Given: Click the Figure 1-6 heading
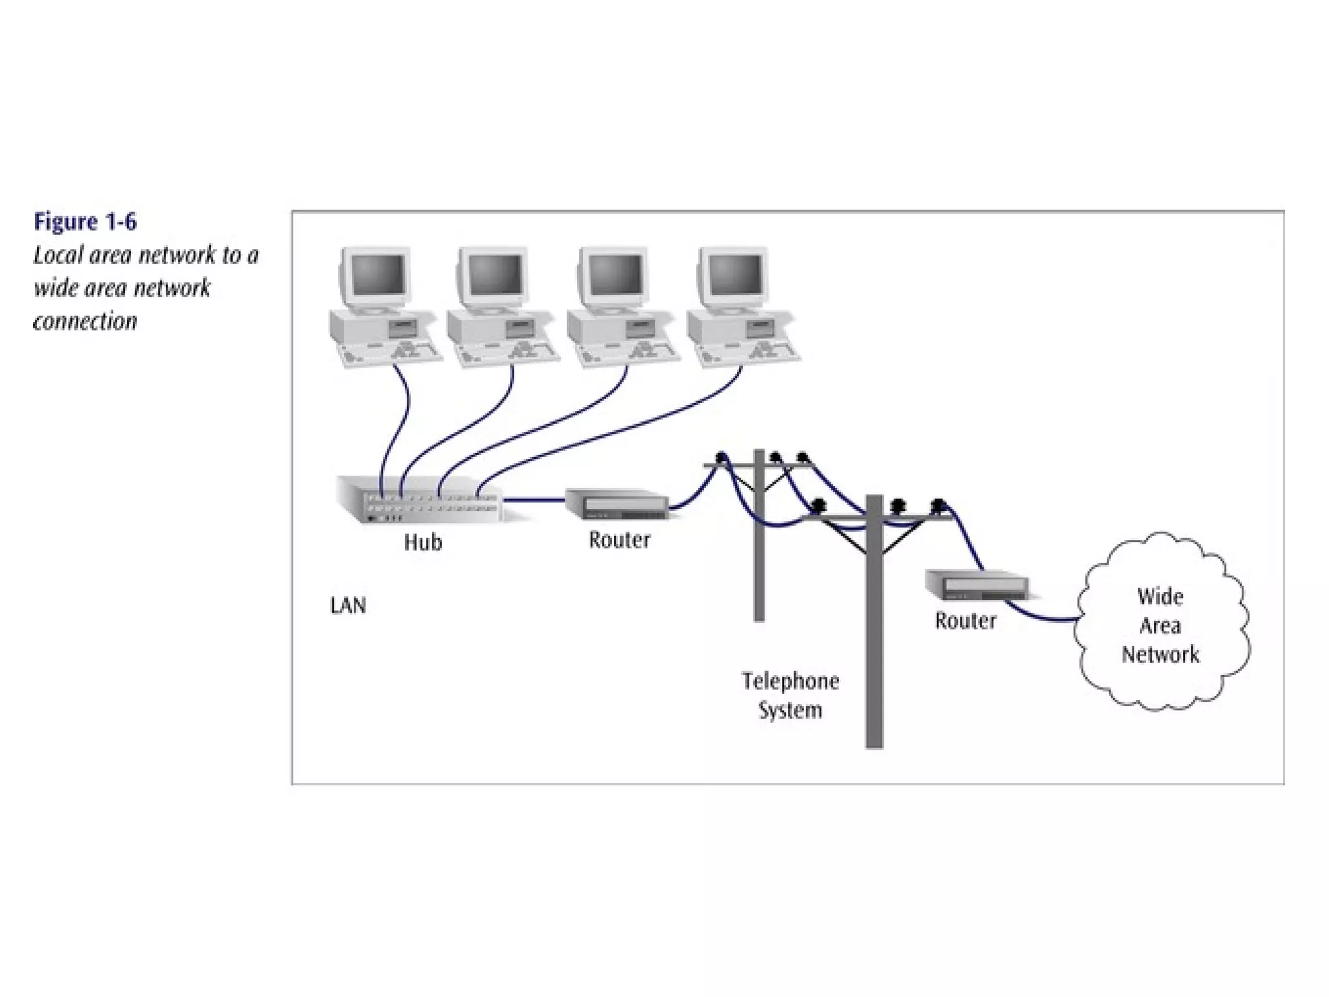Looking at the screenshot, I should pyautogui.click(x=85, y=222).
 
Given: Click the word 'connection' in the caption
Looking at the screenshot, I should pyautogui.click(x=85, y=321).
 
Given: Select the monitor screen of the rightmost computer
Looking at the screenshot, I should pyautogui.click(x=736, y=274).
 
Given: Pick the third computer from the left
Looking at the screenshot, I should pyautogui.click(x=620, y=308).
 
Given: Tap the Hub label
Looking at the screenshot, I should pyautogui.click(x=423, y=542).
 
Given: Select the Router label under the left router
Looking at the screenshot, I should pyautogui.click(x=619, y=540).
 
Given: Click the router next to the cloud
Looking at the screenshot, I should pyautogui.click(x=977, y=585).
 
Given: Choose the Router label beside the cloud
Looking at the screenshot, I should pyautogui.click(x=966, y=621).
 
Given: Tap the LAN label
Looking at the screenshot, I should pyautogui.click(x=348, y=606).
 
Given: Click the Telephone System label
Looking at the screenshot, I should pyautogui.click(x=790, y=695).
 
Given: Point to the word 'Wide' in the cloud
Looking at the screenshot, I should pyautogui.click(x=1160, y=597).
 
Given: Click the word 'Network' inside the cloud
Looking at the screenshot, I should pyautogui.click(x=1160, y=654).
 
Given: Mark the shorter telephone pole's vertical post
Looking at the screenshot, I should pyautogui.click(x=759, y=571).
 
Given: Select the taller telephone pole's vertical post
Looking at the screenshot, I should pyautogui.click(x=874, y=649).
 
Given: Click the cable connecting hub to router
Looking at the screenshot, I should pyautogui.click(x=533, y=500).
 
